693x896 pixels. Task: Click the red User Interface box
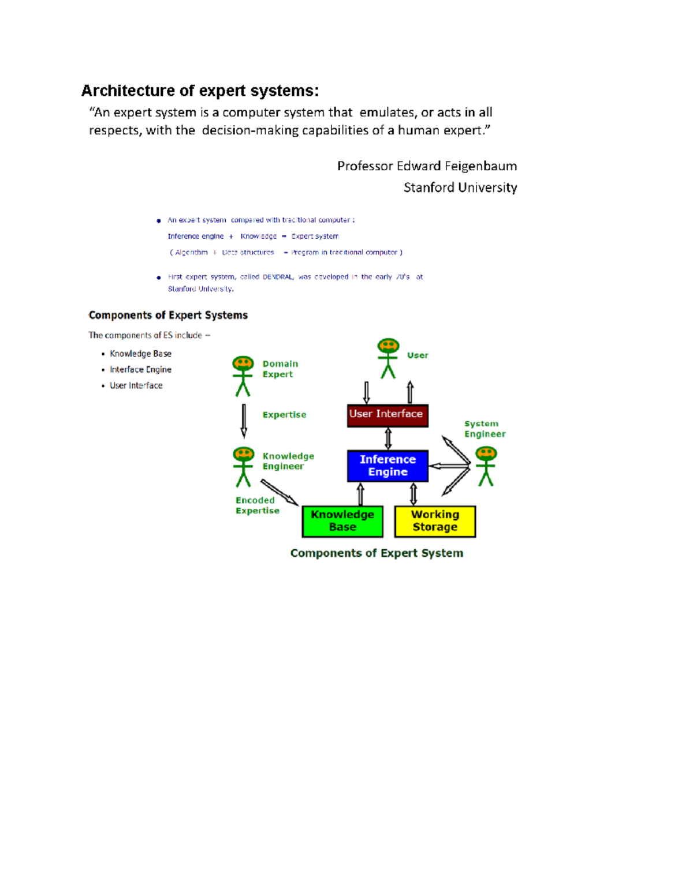coord(388,415)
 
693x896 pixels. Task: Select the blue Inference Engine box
coord(388,466)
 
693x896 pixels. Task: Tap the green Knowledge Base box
coord(342,521)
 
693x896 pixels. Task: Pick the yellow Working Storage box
coord(435,521)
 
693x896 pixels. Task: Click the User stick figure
coord(388,358)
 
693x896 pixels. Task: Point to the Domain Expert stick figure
coord(243,376)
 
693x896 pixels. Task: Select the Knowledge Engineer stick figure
coord(243,466)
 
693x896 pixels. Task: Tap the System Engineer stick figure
coord(486,466)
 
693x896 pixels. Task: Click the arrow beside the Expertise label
coord(244,420)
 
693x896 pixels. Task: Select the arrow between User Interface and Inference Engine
coord(388,438)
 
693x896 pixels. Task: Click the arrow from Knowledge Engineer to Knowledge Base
coord(279,492)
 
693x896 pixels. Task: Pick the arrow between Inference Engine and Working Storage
coord(413,494)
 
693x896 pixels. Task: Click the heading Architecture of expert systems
coord(200,91)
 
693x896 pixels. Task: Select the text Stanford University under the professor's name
coord(460,188)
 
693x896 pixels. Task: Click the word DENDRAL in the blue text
coord(278,277)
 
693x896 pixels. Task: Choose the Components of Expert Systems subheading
coord(168,315)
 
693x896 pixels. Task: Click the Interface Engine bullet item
coord(140,370)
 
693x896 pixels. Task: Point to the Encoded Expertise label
coord(257,505)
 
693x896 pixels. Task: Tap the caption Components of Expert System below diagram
coord(377,553)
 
